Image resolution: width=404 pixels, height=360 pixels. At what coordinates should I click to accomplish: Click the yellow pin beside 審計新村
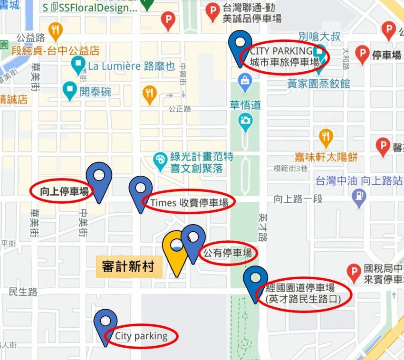[x=175, y=249]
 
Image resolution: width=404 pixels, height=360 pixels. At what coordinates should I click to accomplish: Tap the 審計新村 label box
[x=128, y=266]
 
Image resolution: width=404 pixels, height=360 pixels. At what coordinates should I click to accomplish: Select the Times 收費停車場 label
[x=189, y=203]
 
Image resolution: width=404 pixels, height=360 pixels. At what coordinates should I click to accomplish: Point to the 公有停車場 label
[x=228, y=253]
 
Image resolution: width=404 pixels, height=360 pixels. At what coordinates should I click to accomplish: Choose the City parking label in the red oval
[x=141, y=336]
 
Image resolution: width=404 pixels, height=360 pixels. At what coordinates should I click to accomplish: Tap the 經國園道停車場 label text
[x=303, y=293]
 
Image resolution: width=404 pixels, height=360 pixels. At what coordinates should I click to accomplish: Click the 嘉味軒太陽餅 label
[x=326, y=157]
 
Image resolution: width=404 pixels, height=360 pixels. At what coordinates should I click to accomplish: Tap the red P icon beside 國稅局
[x=353, y=273]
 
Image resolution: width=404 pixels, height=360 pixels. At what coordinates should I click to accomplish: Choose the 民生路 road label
[x=23, y=292]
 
